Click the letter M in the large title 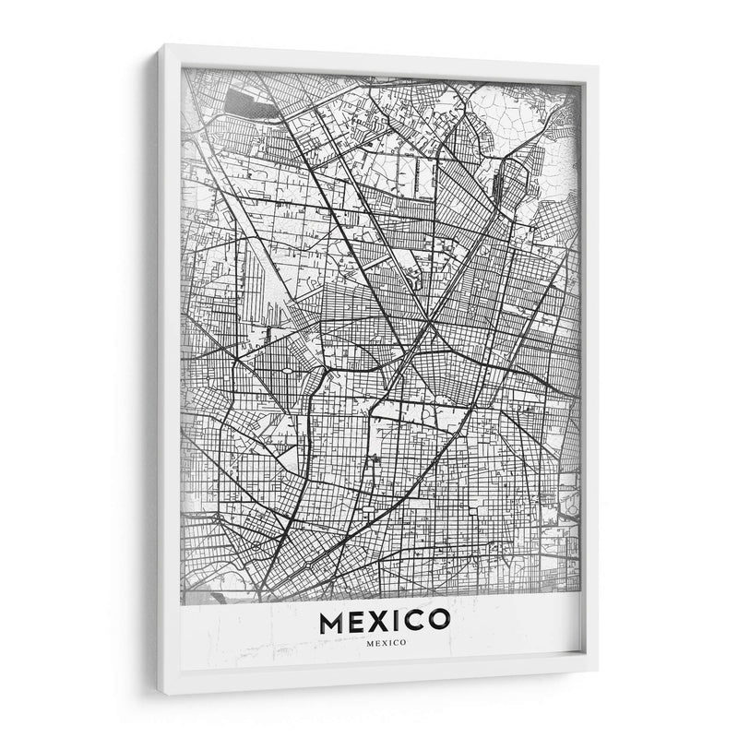pos(332,623)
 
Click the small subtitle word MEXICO pos(386,643)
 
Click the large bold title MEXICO pos(385,623)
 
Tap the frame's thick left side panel pos(170,369)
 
